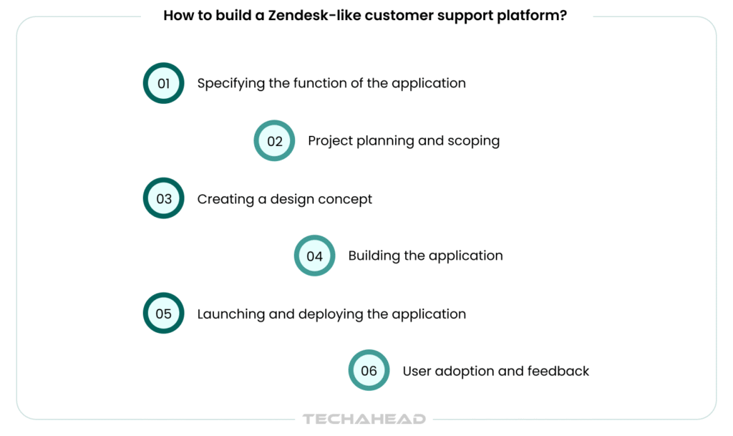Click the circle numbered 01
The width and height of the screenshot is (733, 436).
[x=164, y=83]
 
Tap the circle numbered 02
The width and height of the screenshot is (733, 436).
[x=275, y=141]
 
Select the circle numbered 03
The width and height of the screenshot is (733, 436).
[x=164, y=198]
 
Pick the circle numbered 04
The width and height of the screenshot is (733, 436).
[x=315, y=256]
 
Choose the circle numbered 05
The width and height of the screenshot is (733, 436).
[x=164, y=314]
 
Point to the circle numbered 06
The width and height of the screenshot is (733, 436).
[x=369, y=371]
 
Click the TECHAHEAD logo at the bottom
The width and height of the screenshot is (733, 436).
[x=364, y=419]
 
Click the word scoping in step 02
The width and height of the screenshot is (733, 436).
[x=474, y=141]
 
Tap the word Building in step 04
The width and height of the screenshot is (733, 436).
[x=373, y=256]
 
